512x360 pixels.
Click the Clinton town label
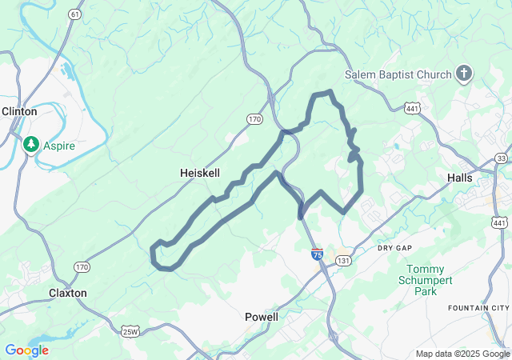(x=19, y=111)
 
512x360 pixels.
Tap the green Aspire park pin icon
(x=32, y=144)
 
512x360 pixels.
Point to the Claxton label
(x=67, y=293)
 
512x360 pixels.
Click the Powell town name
(x=261, y=317)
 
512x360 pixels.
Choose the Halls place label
(x=460, y=178)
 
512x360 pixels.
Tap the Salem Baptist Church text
(x=398, y=74)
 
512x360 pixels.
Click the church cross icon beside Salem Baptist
(x=463, y=74)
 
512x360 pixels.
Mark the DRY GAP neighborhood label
(x=394, y=249)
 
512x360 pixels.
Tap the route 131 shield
(x=343, y=261)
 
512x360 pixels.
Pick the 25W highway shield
(x=130, y=331)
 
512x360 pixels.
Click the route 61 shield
(x=74, y=14)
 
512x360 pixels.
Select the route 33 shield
(x=501, y=158)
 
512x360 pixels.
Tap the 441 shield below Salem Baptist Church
(x=412, y=107)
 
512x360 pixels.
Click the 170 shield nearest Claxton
(x=82, y=266)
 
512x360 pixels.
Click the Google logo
(x=26, y=350)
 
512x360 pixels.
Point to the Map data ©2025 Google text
(x=462, y=354)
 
